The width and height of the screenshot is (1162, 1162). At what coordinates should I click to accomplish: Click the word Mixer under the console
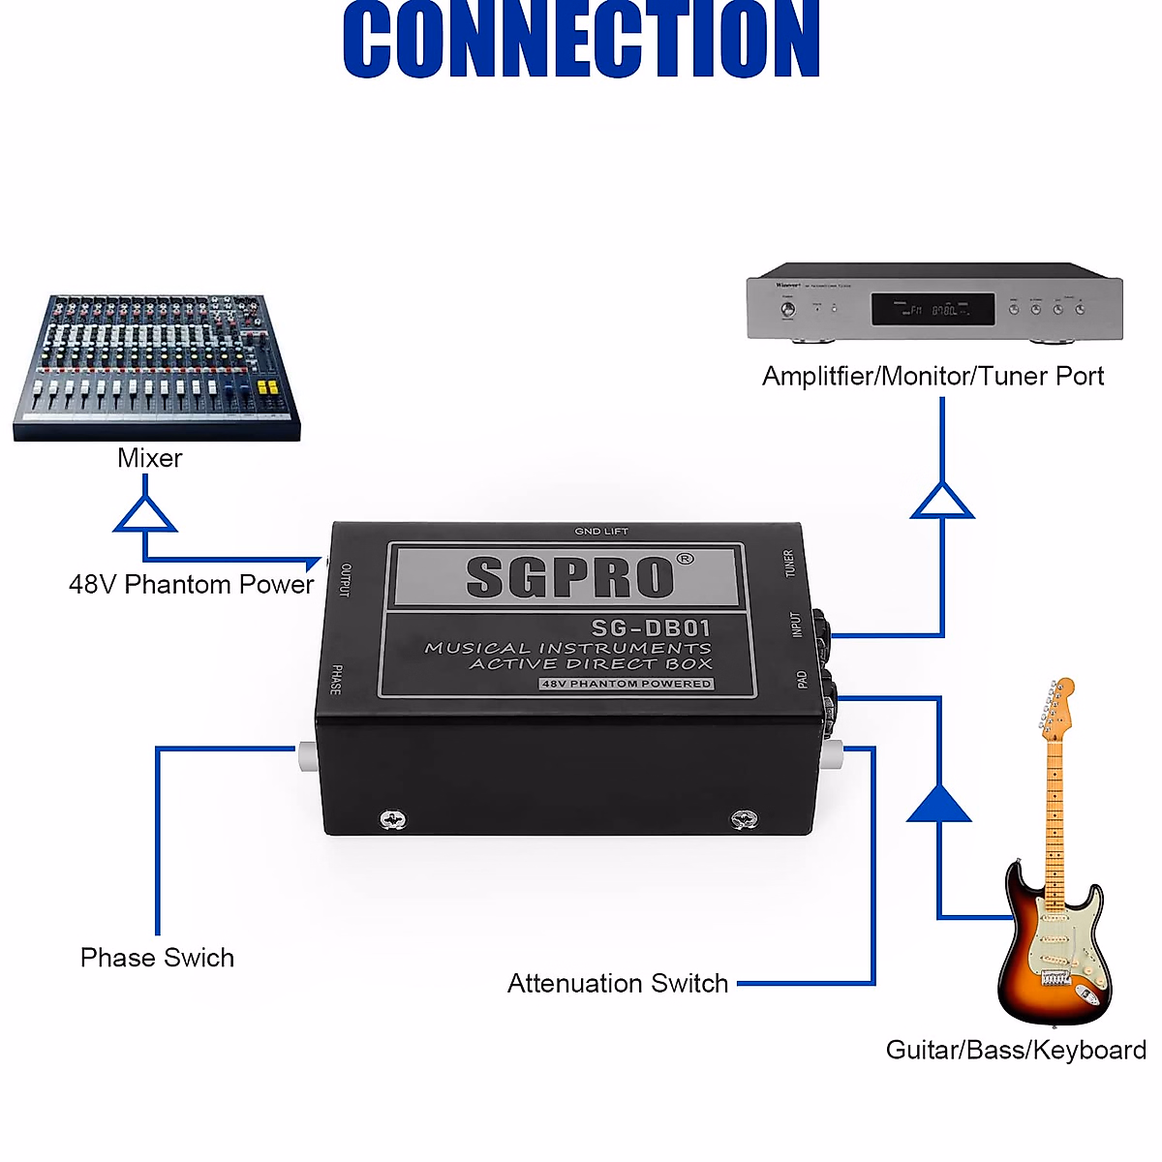click(x=149, y=458)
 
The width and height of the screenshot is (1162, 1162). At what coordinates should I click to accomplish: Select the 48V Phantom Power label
click(x=191, y=585)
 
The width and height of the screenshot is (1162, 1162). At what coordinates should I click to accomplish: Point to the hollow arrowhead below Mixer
click(x=145, y=515)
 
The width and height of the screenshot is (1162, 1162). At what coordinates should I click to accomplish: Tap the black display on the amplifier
click(x=933, y=310)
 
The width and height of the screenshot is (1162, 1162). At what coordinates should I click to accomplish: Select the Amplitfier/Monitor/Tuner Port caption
click(x=933, y=376)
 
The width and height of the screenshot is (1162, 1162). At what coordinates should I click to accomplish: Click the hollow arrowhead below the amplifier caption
click(x=942, y=502)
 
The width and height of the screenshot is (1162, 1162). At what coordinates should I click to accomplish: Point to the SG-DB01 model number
click(x=651, y=628)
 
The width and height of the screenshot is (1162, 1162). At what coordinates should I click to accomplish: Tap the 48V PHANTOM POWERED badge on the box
click(x=627, y=684)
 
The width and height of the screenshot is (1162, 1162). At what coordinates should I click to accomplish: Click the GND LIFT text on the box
click(x=601, y=531)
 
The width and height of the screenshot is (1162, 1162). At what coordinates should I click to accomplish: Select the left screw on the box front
click(x=392, y=820)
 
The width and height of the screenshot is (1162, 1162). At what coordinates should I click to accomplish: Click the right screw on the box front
click(x=743, y=820)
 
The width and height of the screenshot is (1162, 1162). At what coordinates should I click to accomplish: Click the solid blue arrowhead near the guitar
click(x=938, y=805)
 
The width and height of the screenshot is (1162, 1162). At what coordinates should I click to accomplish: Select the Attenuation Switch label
click(x=618, y=984)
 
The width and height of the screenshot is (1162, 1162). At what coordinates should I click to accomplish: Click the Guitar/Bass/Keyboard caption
click(x=1016, y=1051)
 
